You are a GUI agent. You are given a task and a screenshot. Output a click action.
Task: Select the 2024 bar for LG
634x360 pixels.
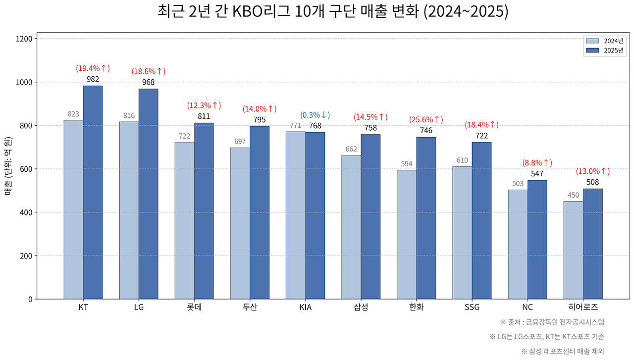(x=129, y=210)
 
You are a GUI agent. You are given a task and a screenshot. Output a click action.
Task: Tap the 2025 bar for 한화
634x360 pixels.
(x=426, y=218)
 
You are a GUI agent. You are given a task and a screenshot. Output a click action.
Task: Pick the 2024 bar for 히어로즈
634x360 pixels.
(x=573, y=250)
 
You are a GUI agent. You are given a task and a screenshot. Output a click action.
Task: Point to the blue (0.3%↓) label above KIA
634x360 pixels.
(x=315, y=115)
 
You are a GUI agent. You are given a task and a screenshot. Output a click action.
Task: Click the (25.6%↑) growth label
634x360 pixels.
(x=426, y=120)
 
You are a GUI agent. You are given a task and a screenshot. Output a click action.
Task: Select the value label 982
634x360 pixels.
(x=93, y=79)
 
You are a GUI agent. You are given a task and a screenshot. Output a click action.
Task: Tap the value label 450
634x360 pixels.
(x=573, y=195)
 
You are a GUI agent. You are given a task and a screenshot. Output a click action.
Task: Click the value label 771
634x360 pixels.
(x=295, y=125)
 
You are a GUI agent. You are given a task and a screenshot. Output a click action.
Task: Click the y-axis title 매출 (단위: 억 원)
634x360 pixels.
(x=8, y=169)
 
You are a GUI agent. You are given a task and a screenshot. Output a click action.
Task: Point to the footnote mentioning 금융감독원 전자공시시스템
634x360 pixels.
(x=552, y=322)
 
